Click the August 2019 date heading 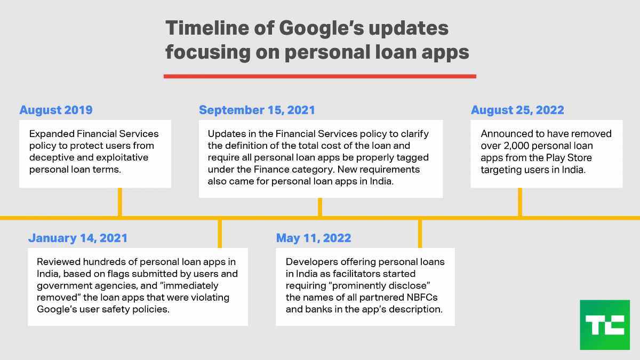(56, 110)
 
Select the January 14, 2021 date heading (78, 238)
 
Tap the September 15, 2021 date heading (257, 110)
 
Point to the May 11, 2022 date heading (314, 238)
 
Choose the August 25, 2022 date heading (517, 110)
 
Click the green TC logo (605, 325)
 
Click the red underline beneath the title (320, 76)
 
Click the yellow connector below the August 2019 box (120, 202)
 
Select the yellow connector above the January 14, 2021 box (220, 234)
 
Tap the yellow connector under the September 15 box (320, 207)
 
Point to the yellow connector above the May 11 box (420, 234)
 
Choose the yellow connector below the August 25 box (520, 202)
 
